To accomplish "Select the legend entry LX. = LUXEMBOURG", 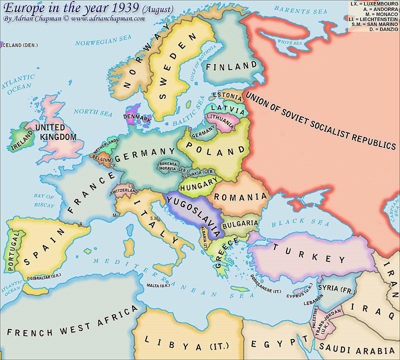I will [373, 3].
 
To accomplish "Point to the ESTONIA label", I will [227, 95].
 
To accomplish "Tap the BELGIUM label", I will [102, 159].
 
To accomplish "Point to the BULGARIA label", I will [240, 223].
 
